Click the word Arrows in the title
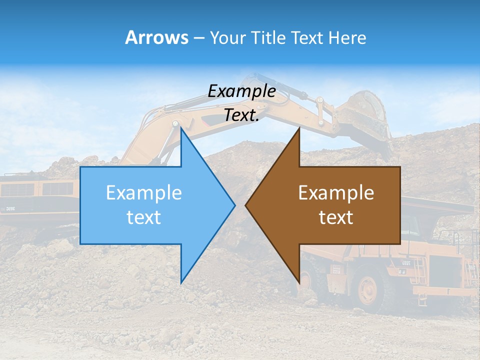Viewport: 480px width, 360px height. point(156,37)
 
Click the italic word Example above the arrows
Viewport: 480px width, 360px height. point(241,91)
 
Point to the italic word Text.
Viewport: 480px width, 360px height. point(241,115)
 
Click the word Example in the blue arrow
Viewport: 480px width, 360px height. point(144,192)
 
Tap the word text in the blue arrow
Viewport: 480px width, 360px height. point(144,217)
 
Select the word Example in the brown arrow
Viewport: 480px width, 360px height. point(336,192)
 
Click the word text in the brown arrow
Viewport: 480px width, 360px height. point(336,217)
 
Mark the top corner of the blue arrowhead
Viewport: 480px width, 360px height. point(181,129)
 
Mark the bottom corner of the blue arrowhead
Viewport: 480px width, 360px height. point(181,282)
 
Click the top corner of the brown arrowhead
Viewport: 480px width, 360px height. point(299,129)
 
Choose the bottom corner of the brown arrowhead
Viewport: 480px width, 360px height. point(299,282)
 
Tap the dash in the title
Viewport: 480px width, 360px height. point(198,38)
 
